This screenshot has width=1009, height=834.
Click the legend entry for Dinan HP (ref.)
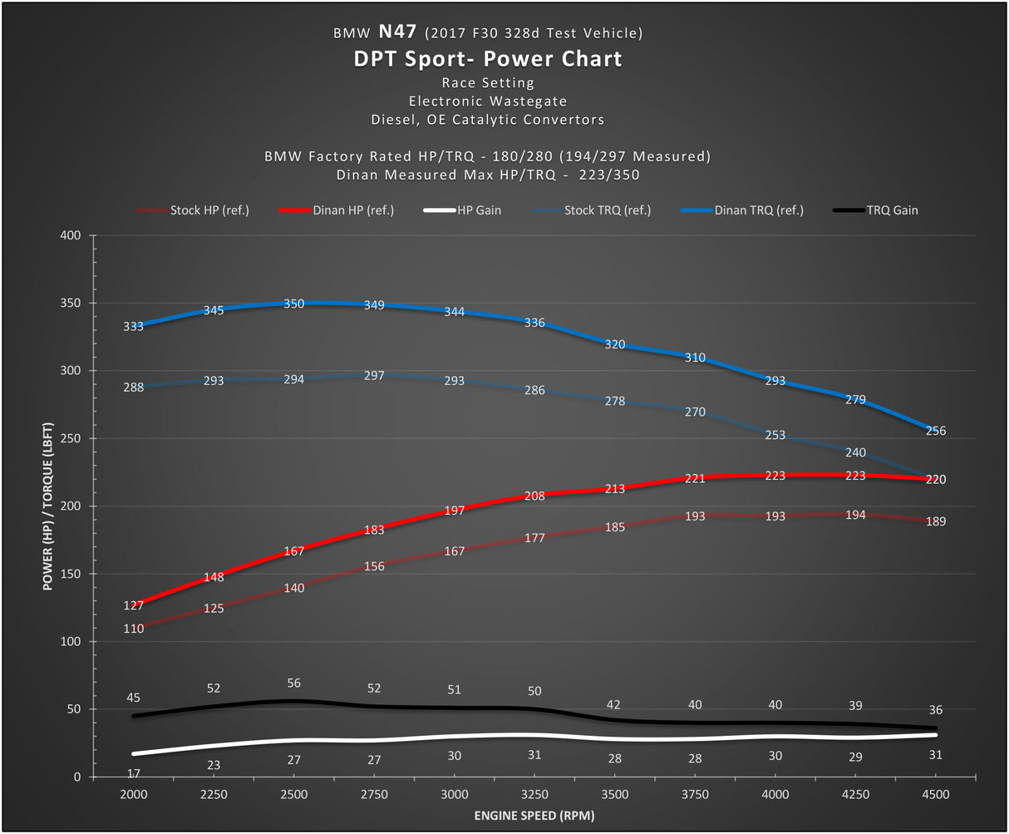pos(337,210)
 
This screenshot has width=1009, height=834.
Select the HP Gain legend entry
pos(462,210)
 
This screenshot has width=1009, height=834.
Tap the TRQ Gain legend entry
pos(875,210)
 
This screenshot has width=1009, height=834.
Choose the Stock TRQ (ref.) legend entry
pos(591,210)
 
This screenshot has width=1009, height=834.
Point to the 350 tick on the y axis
pos(70,303)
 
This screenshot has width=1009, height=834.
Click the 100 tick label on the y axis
pos(70,642)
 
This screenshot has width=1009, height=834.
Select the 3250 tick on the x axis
pos(534,794)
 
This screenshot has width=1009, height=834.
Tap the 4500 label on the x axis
pos(936,794)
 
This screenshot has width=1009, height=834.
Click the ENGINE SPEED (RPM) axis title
pos(534,816)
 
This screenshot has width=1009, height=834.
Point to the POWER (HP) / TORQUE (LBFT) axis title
pos(47,506)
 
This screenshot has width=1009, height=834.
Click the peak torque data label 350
pos(294,303)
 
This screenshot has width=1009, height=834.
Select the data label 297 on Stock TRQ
pos(374,375)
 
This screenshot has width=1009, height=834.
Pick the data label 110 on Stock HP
pos(133,629)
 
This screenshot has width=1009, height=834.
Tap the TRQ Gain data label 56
pos(294,683)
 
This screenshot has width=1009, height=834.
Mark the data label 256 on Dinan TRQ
pos(936,430)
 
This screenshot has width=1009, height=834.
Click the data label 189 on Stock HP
pos(936,521)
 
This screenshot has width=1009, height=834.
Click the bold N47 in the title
pos(397,32)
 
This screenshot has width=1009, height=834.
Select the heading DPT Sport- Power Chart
pos(488,59)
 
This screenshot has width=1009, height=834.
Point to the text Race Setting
pos(488,82)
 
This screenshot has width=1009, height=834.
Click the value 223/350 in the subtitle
pos(609,175)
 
